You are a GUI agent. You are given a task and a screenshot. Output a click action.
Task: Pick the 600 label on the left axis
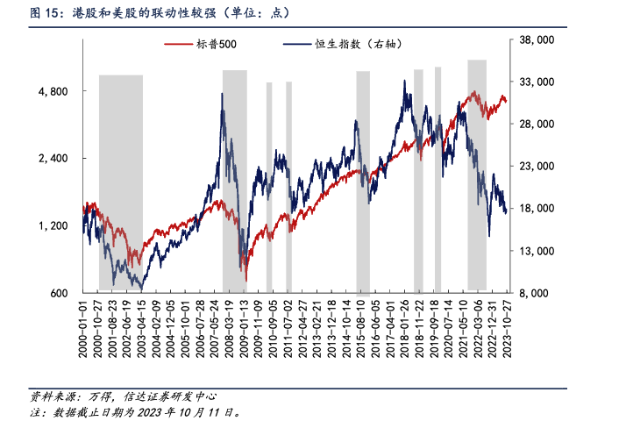click(x=65, y=293)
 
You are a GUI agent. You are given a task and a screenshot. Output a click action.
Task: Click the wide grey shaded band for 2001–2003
click(x=121, y=175)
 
